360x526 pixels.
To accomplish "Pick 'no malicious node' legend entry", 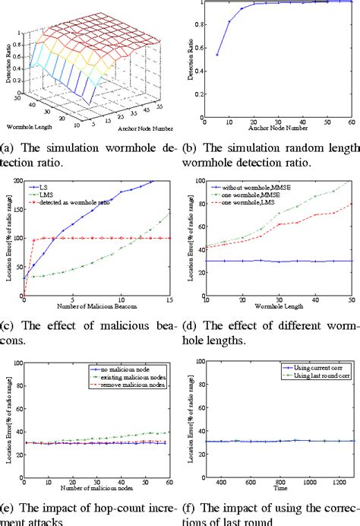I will point(119,367).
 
